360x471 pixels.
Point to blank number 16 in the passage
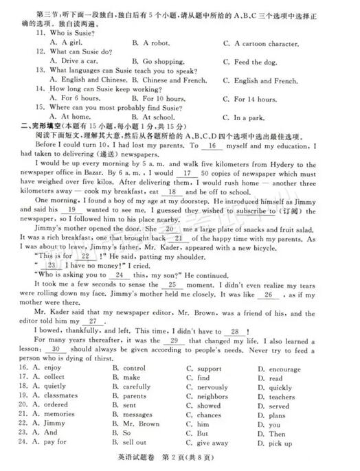click(x=212, y=146)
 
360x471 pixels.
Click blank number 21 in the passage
click(x=181, y=257)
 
